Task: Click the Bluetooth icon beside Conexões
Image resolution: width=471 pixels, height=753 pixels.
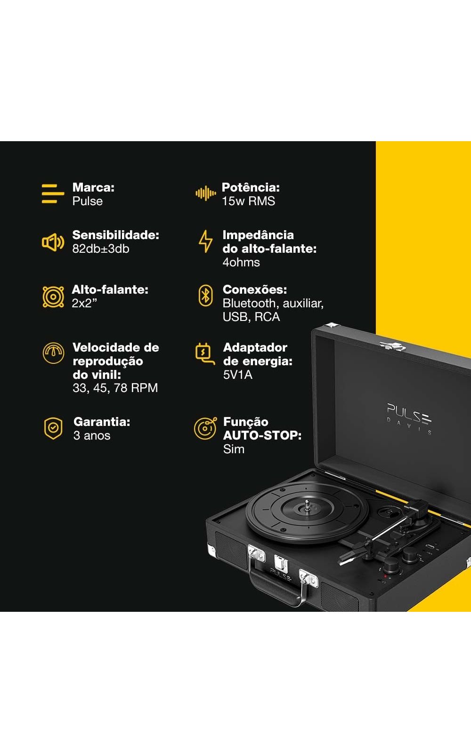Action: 205,296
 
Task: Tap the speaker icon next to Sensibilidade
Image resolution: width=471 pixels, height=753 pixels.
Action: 53,242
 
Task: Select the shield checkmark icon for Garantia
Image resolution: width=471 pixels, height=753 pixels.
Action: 53,429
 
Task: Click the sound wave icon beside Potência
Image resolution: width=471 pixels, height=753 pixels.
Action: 205,193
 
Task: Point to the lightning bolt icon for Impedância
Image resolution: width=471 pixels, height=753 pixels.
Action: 205,241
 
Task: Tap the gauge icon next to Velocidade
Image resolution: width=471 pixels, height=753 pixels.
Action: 54,353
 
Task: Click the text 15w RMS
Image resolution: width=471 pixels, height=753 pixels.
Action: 248,201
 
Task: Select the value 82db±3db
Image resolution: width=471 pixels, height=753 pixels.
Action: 101,249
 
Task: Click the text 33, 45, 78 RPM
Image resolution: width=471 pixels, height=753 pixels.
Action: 115,388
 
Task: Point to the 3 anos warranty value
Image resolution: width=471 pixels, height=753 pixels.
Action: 92,436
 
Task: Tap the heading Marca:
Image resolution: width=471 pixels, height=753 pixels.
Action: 94,187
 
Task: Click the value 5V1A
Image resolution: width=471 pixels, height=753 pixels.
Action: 238,375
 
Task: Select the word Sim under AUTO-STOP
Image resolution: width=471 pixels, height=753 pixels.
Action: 234,449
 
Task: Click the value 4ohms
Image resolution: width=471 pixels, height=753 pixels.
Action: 241,262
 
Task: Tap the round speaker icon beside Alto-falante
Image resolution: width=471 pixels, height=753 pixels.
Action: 53,297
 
